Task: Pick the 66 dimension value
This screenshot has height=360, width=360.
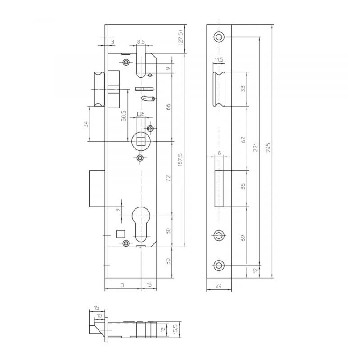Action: point(169,107)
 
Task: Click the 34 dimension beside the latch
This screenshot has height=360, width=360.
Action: point(85,124)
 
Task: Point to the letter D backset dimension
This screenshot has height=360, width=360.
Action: point(122,285)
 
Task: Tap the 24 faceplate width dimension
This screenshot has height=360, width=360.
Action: point(218,285)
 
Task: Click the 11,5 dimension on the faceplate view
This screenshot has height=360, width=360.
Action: point(219,60)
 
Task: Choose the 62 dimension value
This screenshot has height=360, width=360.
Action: point(243,139)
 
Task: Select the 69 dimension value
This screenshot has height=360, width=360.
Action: point(243,238)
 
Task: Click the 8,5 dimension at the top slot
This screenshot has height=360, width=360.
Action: point(140,42)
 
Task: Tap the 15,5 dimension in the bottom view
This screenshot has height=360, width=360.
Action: point(175,329)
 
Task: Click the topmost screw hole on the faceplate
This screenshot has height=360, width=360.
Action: point(219,37)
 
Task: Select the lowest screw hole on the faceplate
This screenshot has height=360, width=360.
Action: point(219,265)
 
